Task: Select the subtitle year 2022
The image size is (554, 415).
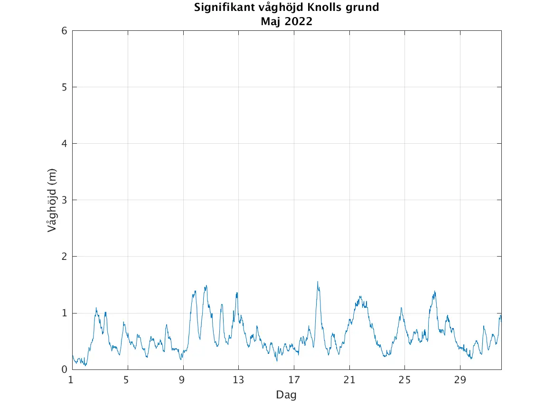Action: coord(299,21)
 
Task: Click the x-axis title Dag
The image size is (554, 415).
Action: coord(286,395)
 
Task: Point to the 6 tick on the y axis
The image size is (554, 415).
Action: coord(64,31)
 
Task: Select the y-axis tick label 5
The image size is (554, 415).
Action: coord(64,87)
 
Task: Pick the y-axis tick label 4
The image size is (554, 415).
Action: coord(64,144)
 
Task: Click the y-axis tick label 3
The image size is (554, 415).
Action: coord(64,200)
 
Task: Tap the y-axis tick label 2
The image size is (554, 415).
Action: coord(64,257)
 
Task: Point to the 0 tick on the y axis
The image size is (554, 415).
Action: coord(64,369)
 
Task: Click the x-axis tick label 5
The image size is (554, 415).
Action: coord(126,380)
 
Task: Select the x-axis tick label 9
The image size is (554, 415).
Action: coord(182,380)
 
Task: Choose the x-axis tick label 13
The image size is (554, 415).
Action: coord(238,380)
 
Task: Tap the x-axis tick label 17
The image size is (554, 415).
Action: coord(294,380)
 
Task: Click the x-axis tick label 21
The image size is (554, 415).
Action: coord(349,380)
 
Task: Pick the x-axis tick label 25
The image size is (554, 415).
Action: coord(404,380)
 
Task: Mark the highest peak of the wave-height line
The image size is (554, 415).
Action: coord(318,282)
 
